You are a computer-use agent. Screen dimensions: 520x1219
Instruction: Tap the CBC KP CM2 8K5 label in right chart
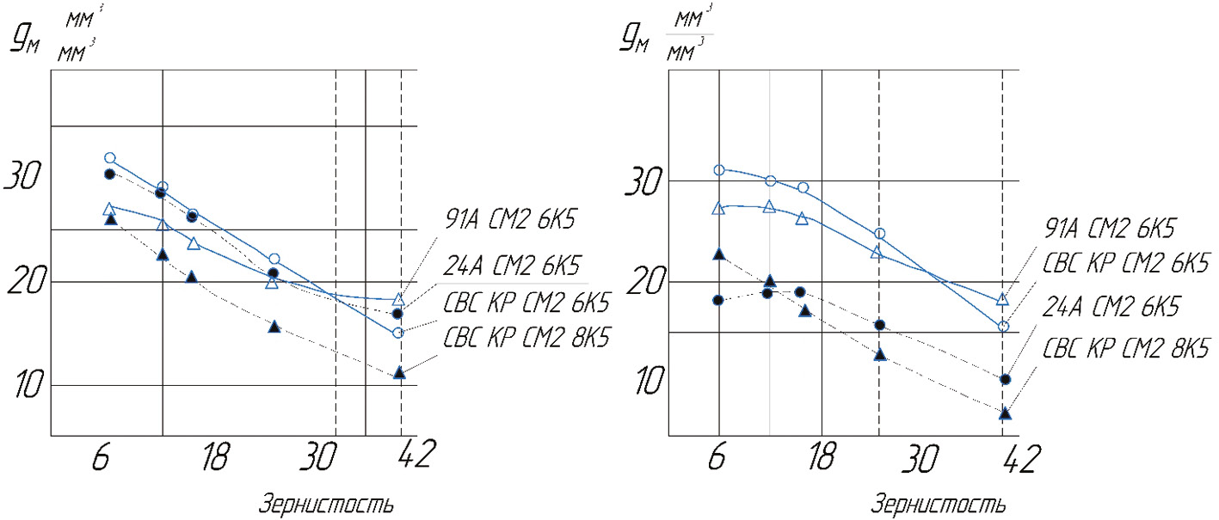point(1126,348)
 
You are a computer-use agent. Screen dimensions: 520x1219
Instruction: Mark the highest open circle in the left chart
point(110,158)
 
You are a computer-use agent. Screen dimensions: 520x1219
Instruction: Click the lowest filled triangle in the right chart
point(1005,413)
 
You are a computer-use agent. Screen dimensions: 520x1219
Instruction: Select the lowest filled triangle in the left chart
point(399,372)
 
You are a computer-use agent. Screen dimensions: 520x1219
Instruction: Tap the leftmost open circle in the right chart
point(719,170)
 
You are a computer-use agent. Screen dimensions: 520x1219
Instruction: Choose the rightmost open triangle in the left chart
point(398,300)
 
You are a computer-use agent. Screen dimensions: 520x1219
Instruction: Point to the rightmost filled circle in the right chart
point(1005,379)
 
